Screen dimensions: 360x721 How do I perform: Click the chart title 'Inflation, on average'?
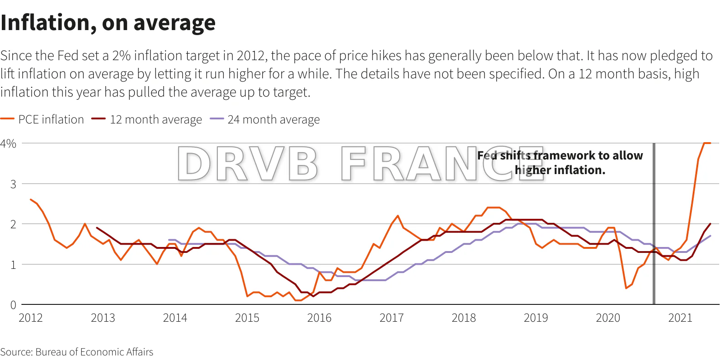pyautogui.click(x=108, y=23)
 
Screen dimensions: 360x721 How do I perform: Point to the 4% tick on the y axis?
pyautogui.click(x=8, y=144)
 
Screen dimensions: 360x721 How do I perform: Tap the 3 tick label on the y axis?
pyautogui.click(x=13, y=184)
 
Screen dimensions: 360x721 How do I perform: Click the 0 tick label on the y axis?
pyautogui.click(x=13, y=305)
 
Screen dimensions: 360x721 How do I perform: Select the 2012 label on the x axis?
pyautogui.click(x=31, y=318)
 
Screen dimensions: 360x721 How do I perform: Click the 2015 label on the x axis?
pyautogui.click(x=247, y=318)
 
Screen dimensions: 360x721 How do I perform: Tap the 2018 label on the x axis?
pyautogui.click(x=463, y=318)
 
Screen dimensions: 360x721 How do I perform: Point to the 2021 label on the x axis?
pyautogui.click(x=680, y=318)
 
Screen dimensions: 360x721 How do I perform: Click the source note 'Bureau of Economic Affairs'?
pyautogui.click(x=94, y=352)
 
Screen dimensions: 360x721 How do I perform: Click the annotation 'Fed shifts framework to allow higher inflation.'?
pyautogui.click(x=560, y=163)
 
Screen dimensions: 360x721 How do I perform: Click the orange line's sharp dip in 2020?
pyautogui.click(x=626, y=288)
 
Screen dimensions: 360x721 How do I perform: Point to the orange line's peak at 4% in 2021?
pyautogui.click(x=706, y=143)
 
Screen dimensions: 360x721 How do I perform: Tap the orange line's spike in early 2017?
pyautogui.click(x=397, y=216)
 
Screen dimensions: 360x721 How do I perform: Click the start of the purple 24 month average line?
pyautogui.click(x=169, y=240)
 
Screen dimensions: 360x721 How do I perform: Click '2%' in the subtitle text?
pyautogui.click(x=121, y=56)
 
